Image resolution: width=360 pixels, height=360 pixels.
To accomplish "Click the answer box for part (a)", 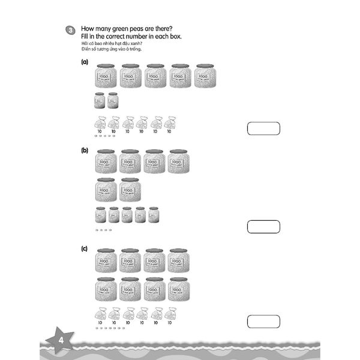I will pos(263,128).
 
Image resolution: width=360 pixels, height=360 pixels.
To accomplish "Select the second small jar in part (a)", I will pos(113,100).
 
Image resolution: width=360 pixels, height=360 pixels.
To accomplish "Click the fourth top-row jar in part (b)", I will pos(179,162).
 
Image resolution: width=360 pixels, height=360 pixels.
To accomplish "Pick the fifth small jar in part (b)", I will pos(154,215).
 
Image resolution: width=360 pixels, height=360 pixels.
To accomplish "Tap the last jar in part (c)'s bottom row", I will pos(179,289).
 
